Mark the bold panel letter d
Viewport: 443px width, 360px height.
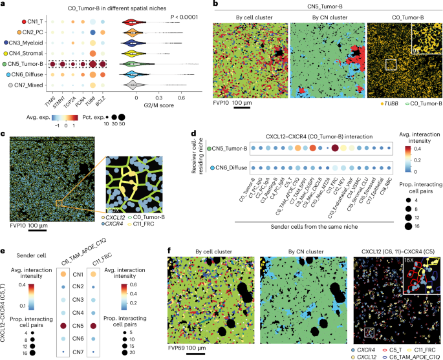tap(195, 137)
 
